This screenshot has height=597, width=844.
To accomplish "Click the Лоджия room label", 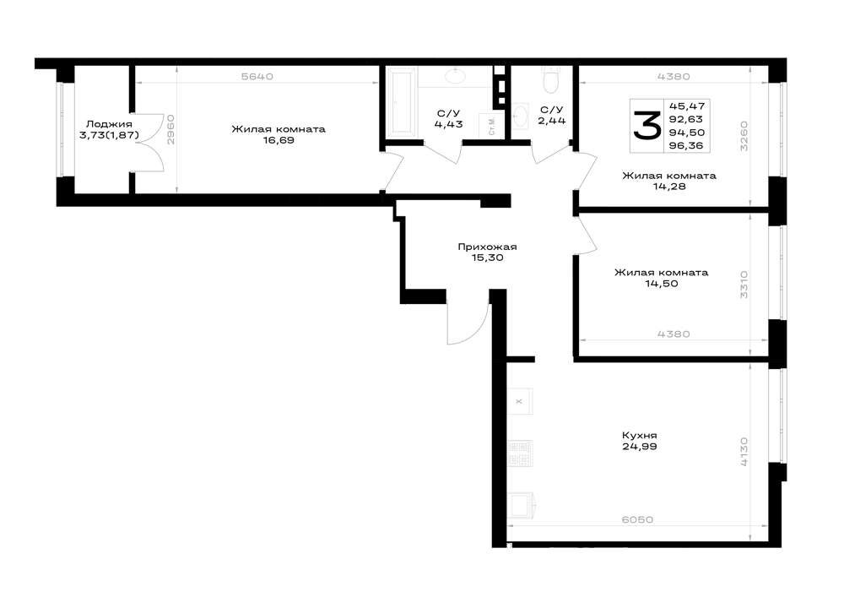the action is point(109,124).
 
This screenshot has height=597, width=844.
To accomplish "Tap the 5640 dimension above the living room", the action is point(257,77).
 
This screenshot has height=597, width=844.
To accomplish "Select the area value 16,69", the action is point(279,140).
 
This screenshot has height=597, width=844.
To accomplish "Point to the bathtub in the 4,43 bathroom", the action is point(401,101).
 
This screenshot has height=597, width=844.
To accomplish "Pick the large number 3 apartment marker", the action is point(646,125).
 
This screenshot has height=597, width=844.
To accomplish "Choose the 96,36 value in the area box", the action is point(685,145).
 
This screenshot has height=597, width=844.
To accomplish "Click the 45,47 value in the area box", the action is point(685,106).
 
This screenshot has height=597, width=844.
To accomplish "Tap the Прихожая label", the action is point(487,247).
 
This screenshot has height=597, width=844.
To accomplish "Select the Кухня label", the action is point(640,436).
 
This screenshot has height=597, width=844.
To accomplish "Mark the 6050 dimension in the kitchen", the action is point(637,519).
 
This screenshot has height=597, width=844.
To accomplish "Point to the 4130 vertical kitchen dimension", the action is point(744,452).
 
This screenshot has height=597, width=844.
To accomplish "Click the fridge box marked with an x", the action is point(520,401).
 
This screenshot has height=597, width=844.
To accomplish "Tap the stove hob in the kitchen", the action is point(520,453).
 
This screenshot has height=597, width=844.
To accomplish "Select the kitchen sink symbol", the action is point(521,505).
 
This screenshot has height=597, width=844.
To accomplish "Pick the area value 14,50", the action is point(662,284).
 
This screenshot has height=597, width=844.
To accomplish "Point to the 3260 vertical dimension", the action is point(744,136).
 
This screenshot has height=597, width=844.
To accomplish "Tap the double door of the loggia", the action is point(148,143).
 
